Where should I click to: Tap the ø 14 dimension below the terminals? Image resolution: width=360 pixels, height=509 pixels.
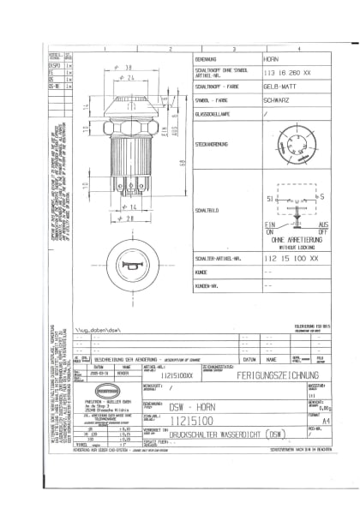pos(131,207)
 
